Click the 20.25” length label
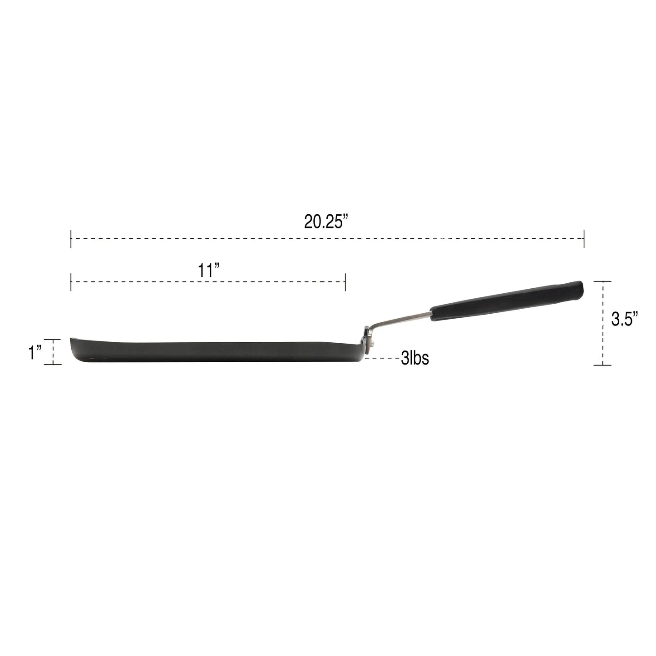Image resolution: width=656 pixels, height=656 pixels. (326, 222)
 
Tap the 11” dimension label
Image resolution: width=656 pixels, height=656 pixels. (208, 270)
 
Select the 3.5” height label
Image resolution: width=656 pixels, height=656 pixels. (624, 319)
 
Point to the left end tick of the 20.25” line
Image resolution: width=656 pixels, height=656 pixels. (71, 239)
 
